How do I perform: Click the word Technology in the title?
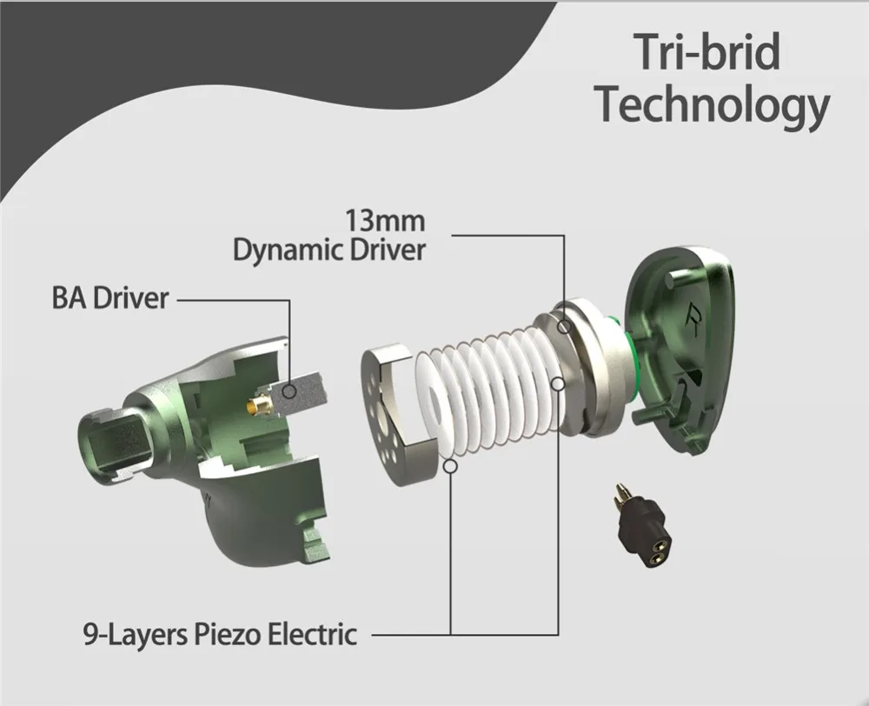coord(713,104)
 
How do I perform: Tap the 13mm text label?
coord(385,221)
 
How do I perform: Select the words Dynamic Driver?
coord(329,250)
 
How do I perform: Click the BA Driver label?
coord(109,298)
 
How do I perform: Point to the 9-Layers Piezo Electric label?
coord(220,634)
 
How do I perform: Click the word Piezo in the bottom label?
coord(227,635)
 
